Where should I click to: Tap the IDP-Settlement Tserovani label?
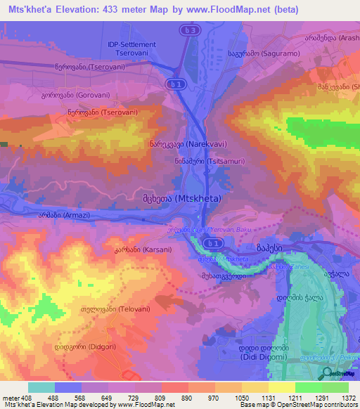[x=131, y=48]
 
